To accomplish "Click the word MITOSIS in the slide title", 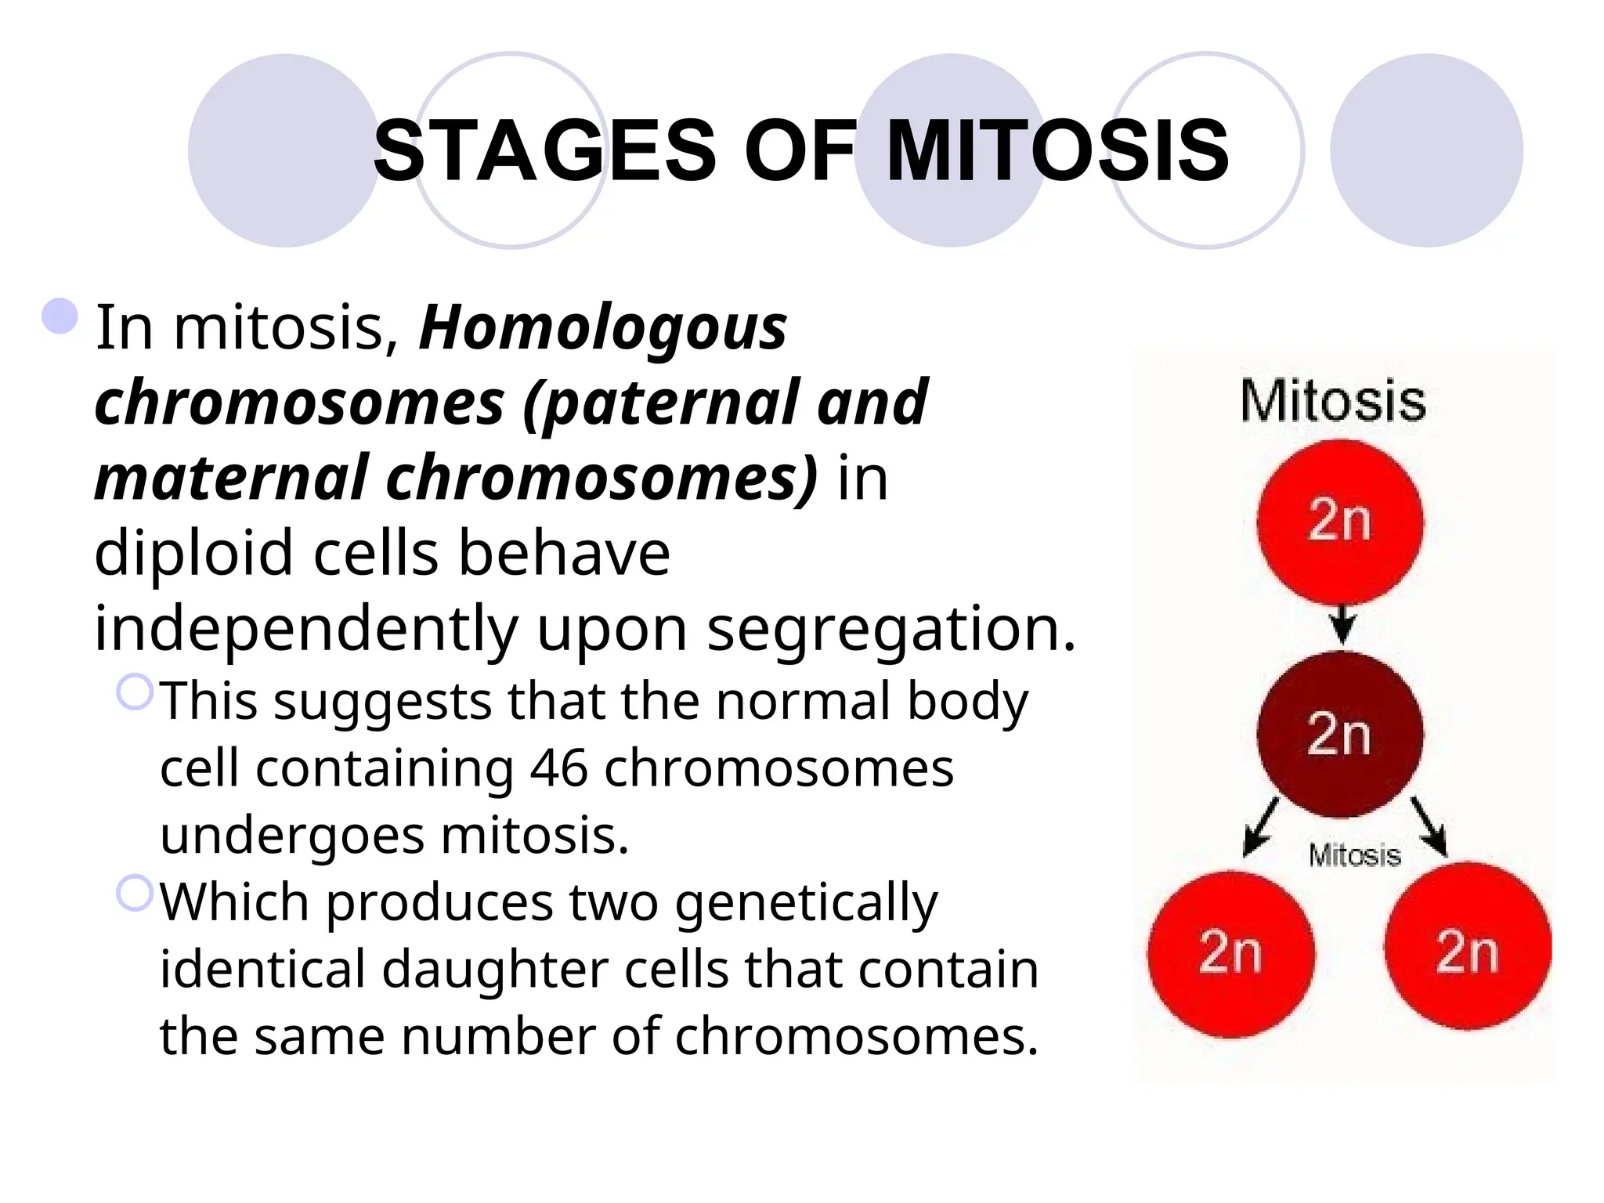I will tap(1057, 150).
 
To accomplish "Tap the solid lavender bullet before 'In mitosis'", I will tap(60, 316).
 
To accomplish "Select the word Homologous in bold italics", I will tap(603, 327).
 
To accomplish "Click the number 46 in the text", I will tap(558, 768).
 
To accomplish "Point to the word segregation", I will tap(891, 629).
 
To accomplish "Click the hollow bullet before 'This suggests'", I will tap(135, 692).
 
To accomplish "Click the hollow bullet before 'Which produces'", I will tap(135, 893).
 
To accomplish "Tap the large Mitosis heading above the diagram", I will tap(1333, 401).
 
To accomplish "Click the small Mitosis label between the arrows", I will tap(1354, 855).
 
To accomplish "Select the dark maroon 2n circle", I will tap(1340, 734).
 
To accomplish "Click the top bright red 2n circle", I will tap(1340, 521).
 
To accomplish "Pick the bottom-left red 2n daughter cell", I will tap(1230, 953).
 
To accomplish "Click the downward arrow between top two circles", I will tap(1342, 625).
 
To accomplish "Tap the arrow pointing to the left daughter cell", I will tap(1259, 829).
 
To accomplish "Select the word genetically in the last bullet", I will tap(806, 903).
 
